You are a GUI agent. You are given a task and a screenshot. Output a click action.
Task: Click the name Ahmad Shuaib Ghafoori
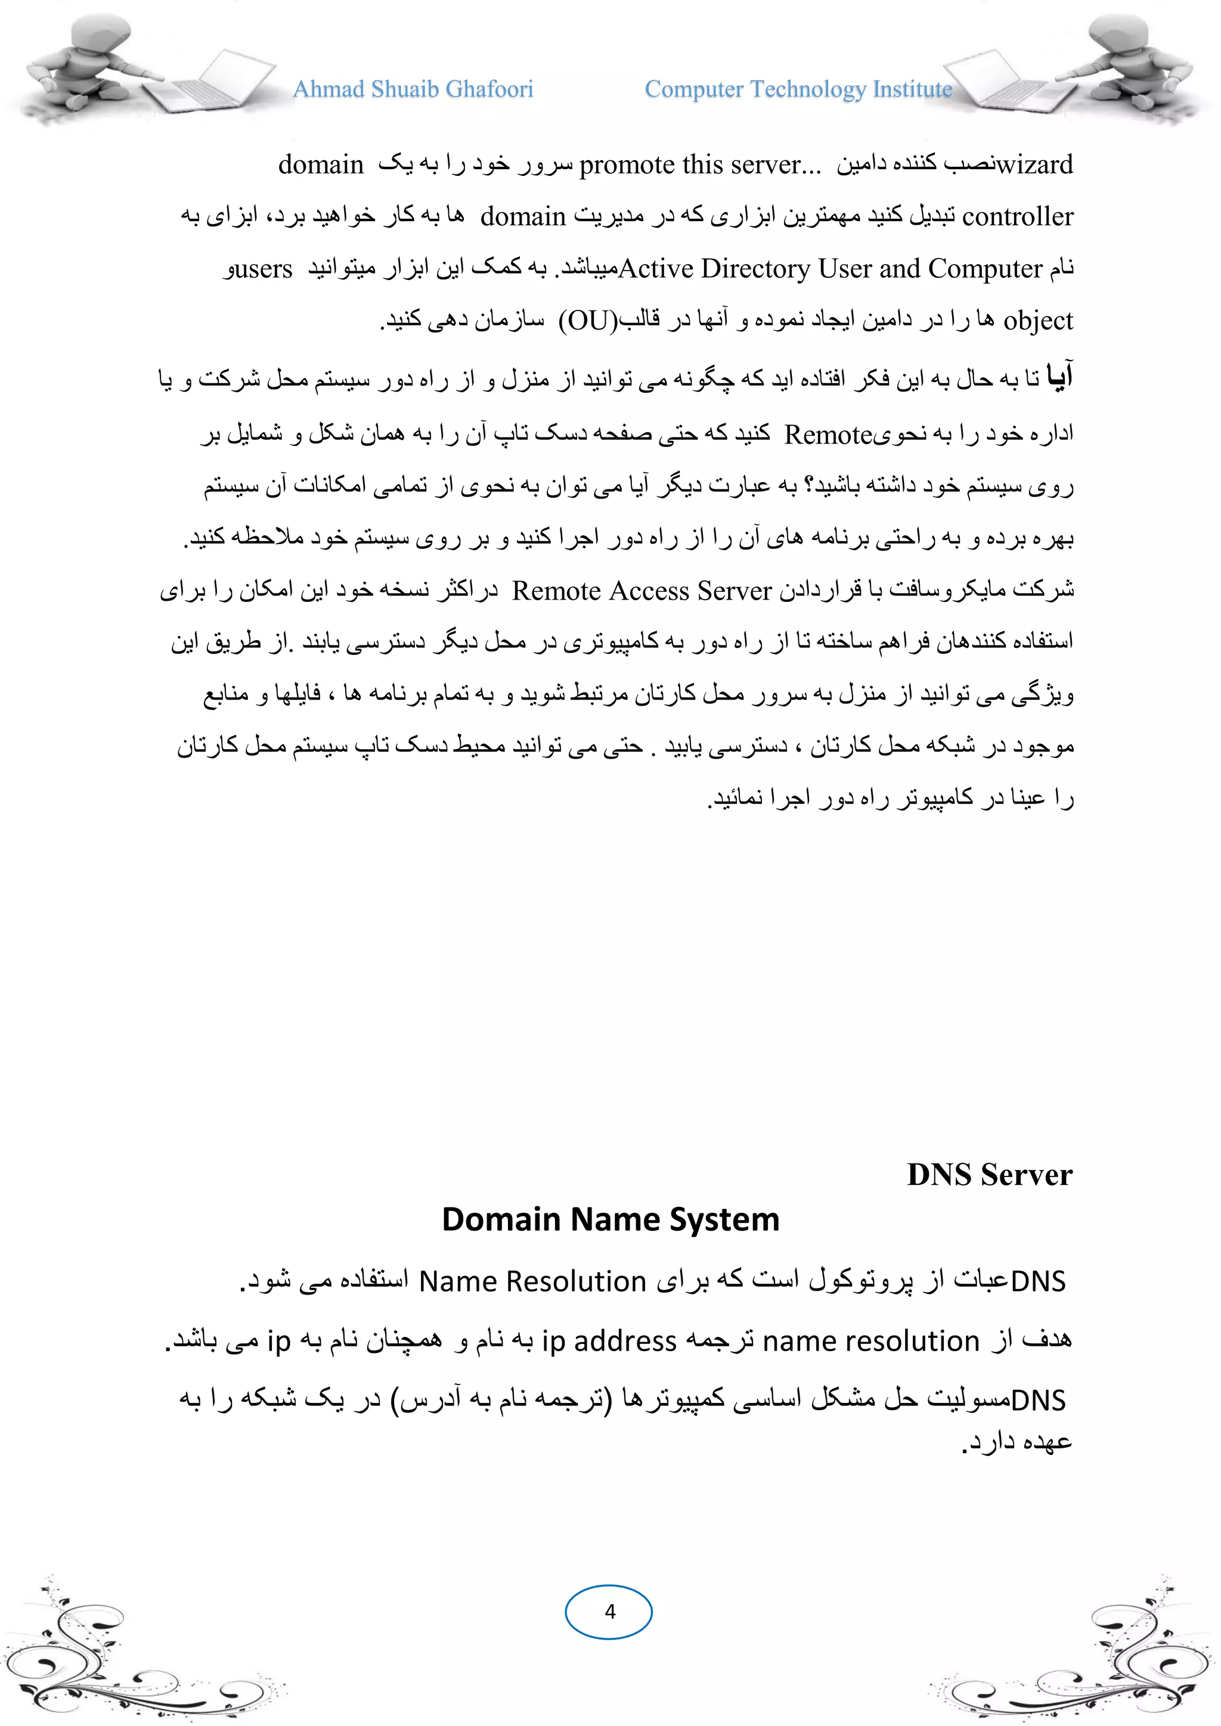coord(413,89)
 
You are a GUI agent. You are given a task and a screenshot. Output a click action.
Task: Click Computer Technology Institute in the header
coord(798,89)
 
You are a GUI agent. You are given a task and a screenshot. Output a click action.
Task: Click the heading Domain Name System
coord(610,1219)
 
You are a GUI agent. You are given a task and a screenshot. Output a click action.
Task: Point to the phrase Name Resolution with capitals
coord(532,1281)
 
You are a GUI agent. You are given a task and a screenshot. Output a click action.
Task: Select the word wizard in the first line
coord(1034,164)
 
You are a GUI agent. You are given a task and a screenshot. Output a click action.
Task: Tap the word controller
coord(1017,216)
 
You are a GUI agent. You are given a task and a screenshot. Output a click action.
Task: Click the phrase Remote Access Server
coord(642,591)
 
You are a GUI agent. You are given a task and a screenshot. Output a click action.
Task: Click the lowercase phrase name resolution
coord(870,1341)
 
